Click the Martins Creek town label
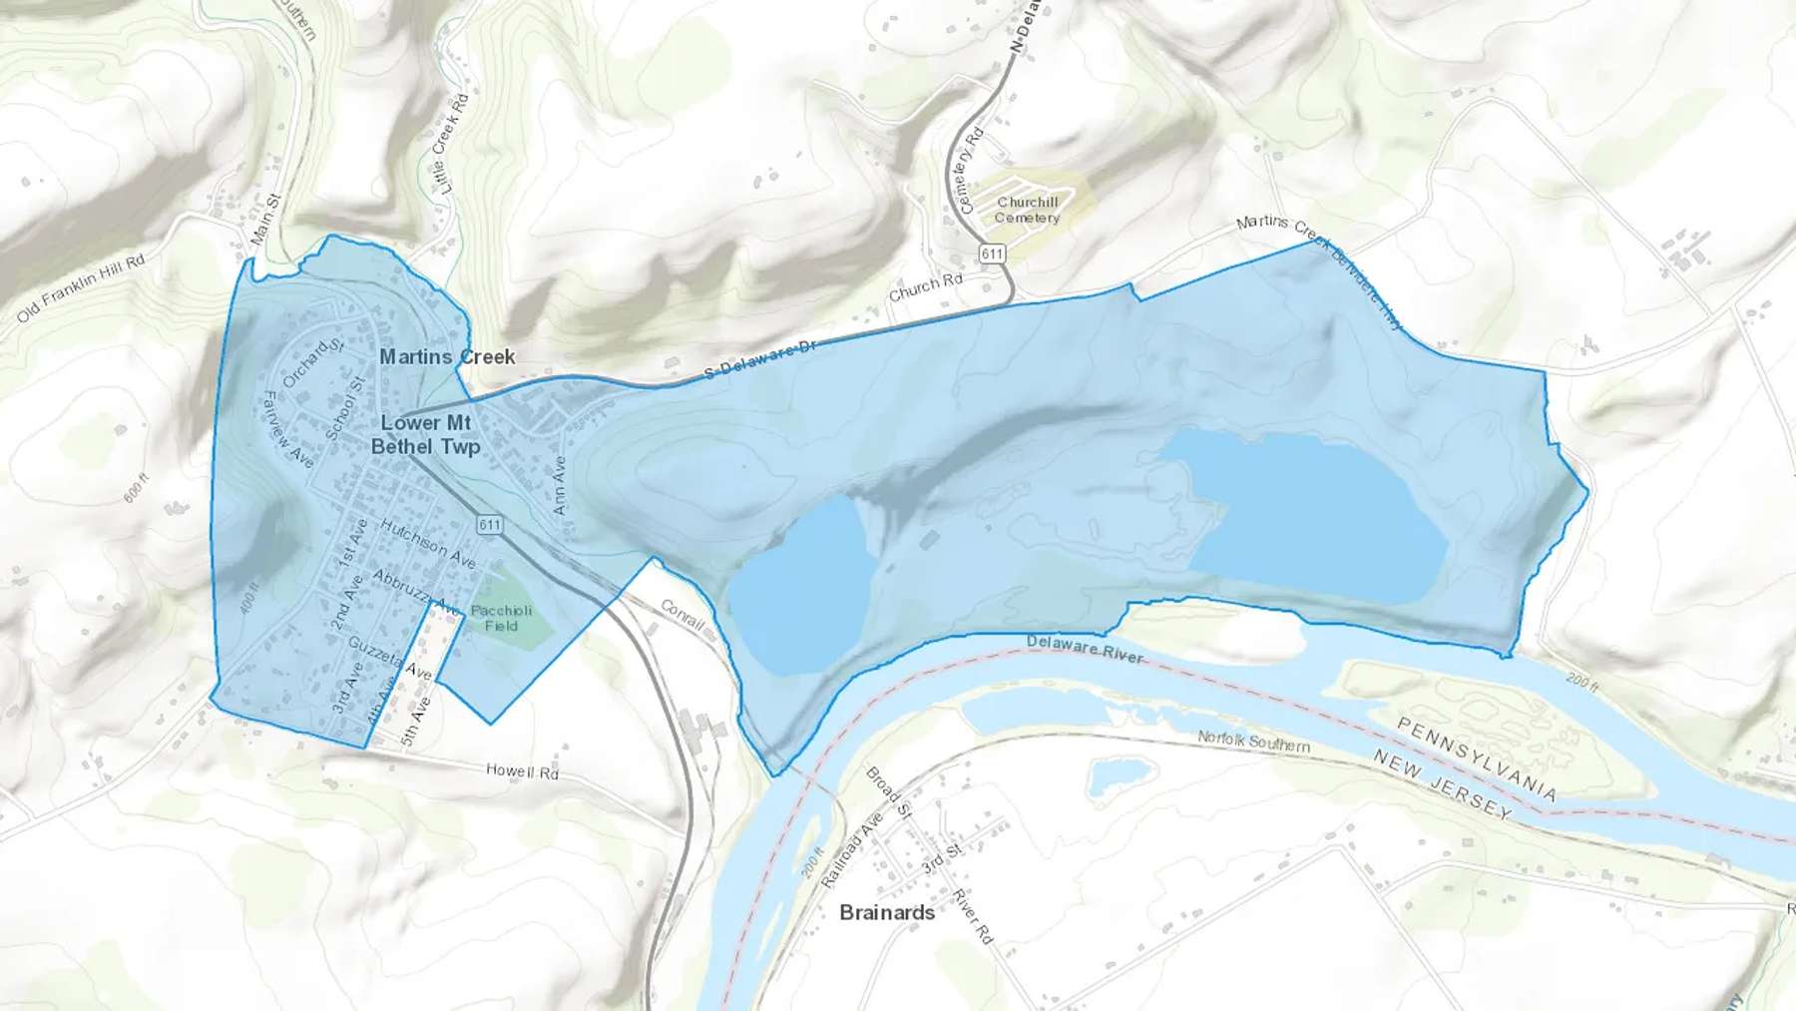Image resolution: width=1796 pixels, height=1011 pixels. point(447,356)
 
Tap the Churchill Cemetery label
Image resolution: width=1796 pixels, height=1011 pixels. point(1027,210)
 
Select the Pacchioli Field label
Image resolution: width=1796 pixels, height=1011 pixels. point(501,618)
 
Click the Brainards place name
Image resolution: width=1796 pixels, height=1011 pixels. point(887,912)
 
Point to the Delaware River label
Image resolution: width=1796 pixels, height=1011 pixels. point(1085,649)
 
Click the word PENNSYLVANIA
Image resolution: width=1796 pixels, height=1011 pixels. point(1477,758)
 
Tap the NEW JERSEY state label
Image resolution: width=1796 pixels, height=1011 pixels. point(1442,784)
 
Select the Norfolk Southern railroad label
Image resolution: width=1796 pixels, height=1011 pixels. point(1253,742)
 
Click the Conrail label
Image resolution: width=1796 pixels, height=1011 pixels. point(682,614)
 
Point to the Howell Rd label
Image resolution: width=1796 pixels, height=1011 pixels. point(522,771)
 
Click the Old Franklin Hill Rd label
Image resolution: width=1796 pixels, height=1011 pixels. point(81,287)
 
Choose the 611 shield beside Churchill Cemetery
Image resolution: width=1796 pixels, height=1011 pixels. point(992,253)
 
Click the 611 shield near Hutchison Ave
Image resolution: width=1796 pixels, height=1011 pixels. point(489,525)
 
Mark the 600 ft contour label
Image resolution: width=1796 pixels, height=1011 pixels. point(137,487)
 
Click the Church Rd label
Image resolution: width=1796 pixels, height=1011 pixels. point(925,286)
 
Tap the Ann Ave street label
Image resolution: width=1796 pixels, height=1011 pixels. point(561,485)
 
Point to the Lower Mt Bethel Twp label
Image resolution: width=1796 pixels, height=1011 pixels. point(425,435)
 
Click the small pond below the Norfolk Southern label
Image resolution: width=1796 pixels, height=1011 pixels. point(1116,775)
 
